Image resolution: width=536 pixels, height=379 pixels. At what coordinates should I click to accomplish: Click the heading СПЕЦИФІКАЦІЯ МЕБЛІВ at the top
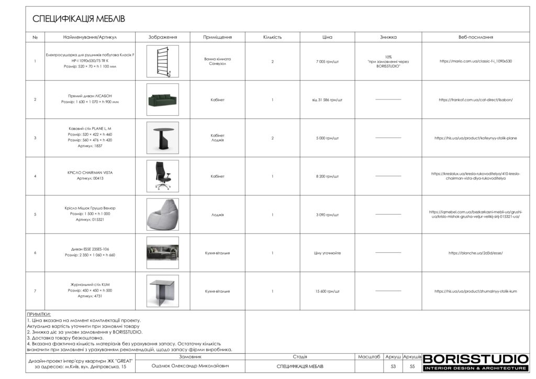79,19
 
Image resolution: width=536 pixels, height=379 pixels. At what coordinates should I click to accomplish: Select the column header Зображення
162,37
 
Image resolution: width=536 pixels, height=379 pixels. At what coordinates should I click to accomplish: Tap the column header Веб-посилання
475,37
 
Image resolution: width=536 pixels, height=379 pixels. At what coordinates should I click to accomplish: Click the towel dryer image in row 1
162,61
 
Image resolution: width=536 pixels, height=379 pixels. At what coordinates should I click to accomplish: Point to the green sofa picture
162,99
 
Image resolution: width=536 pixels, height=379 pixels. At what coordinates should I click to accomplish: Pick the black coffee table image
162,138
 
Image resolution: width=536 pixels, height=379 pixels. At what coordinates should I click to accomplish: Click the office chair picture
162,176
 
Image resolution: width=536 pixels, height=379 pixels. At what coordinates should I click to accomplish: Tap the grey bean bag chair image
162,215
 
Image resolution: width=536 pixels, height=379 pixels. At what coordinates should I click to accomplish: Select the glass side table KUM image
162,291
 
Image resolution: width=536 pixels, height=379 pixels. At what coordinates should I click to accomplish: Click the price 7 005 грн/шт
327,62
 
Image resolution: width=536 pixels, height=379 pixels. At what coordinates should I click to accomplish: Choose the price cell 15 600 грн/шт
327,292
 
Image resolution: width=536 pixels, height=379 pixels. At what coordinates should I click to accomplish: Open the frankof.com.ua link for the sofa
475,99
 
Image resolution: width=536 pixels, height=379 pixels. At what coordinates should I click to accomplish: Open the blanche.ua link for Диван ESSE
475,253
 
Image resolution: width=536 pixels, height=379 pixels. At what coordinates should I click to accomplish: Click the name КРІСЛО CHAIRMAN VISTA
90,172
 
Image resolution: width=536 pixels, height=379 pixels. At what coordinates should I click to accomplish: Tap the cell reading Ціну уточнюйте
327,253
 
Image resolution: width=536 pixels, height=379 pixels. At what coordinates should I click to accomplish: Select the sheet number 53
393,366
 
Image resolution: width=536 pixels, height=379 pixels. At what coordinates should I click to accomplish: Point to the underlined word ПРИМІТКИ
39,314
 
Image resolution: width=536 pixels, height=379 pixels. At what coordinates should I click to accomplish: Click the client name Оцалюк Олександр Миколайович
190,366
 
